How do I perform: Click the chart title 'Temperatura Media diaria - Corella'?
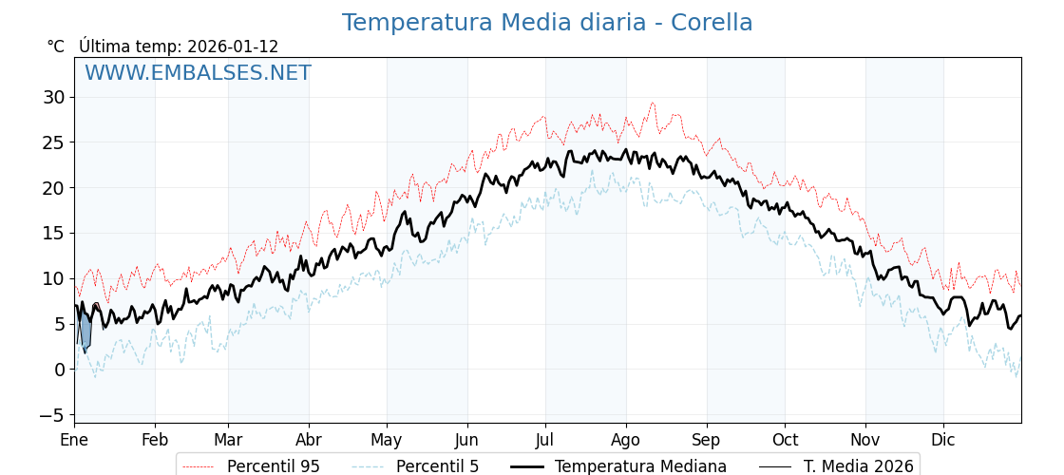pyautogui.click(x=547, y=23)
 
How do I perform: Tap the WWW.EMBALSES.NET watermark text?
pyautogui.click(x=198, y=73)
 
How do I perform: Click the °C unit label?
pyautogui.click(x=56, y=47)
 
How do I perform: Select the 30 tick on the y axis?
pyautogui.click(x=53, y=97)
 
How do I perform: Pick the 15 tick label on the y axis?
pyautogui.click(x=53, y=233)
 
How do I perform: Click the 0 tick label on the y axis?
pyautogui.click(x=59, y=370)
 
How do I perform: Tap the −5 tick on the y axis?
pyautogui.click(x=51, y=415)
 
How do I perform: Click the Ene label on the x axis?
pyautogui.click(x=74, y=441)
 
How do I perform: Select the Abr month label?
pyautogui.click(x=309, y=441)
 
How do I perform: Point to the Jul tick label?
pyautogui.click(x=545, y=441)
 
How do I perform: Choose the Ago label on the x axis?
pyautogui.click(x=626, y=441)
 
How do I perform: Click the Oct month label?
pyautogui.click(x=785, y=441)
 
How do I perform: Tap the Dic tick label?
pyautogui.click(x=943, y=441)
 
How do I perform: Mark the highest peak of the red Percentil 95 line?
pyautogui.click(x=653, y=103)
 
